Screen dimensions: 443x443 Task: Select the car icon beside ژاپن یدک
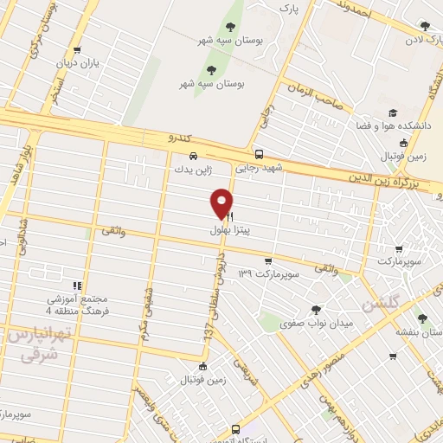[x=194, y=157]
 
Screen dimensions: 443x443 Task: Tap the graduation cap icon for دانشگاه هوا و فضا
[x=393, y=113]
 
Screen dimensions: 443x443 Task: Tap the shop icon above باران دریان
[x=79, y=50]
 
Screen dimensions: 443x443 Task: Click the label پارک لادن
[x=427, y=40]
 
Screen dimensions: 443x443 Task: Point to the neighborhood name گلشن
[x=382, y=304]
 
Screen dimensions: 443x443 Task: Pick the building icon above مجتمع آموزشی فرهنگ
[x=77, y=284]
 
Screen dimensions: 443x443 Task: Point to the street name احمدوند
[x=356, y=11]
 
